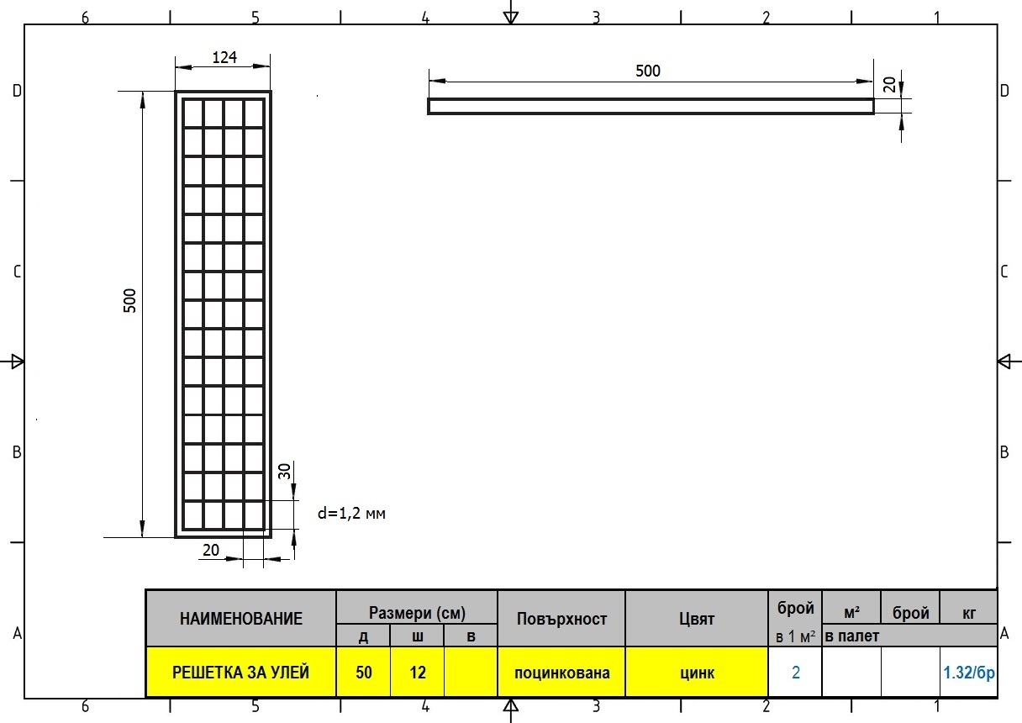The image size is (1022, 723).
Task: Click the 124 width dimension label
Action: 224,57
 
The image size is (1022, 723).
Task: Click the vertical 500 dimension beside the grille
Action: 130,300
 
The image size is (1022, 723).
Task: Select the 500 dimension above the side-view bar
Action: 648,71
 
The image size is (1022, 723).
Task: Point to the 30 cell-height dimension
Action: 284,471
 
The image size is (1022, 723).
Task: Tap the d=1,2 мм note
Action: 351,514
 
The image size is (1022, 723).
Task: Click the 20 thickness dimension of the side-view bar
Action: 889,84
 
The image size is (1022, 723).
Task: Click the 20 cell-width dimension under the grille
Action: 211,550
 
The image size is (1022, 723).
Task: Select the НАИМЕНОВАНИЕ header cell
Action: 241,619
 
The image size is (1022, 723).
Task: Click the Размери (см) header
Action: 417,613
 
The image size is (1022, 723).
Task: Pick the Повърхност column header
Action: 561,619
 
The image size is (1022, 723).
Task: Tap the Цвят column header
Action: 697,619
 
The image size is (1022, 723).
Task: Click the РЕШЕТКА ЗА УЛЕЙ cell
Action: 241,672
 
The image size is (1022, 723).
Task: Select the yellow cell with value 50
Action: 364,672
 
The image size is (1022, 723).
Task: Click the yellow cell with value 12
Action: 418,672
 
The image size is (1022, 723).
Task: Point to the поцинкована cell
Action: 561,672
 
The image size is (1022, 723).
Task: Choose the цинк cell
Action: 697,672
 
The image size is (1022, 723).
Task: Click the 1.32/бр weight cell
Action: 968,672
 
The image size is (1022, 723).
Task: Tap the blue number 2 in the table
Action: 796,673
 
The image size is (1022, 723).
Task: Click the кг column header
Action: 968,613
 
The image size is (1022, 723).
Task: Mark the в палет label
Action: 852,636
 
